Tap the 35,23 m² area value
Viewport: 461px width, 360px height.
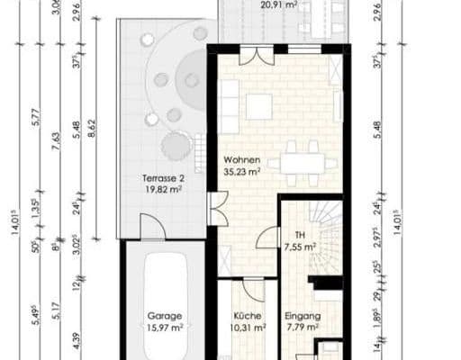pos(242,170)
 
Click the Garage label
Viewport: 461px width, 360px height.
pos(166,316)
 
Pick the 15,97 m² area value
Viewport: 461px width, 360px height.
pos(166,328)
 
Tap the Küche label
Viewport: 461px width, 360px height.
pos(247,316)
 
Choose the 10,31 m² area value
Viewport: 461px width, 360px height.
pos(247,328)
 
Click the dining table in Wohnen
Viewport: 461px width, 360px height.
pos(303,164)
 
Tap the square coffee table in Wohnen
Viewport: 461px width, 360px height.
pos(259,107)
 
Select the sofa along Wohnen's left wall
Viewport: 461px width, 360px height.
pos(229,102)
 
